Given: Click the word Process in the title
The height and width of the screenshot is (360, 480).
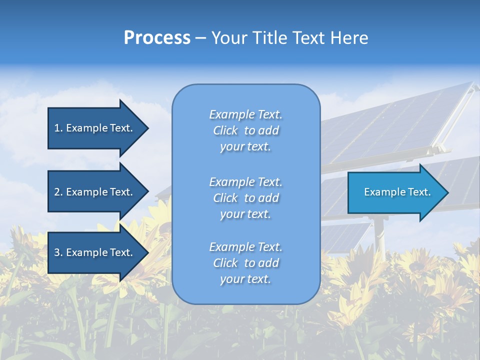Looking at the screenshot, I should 157,38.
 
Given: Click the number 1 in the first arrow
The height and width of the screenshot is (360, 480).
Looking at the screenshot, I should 57,128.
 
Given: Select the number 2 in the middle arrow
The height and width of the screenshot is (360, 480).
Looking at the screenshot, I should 57,192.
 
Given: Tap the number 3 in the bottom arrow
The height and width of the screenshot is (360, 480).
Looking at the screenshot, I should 57,252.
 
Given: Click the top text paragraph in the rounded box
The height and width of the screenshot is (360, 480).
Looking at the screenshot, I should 245,130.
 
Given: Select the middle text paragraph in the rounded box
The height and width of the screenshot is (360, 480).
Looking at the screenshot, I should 245,198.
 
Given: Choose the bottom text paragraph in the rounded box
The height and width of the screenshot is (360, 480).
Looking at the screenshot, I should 245,263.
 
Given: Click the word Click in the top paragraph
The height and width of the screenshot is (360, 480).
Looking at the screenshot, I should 225,130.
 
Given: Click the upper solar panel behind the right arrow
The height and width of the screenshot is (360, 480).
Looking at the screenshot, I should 395,125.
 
